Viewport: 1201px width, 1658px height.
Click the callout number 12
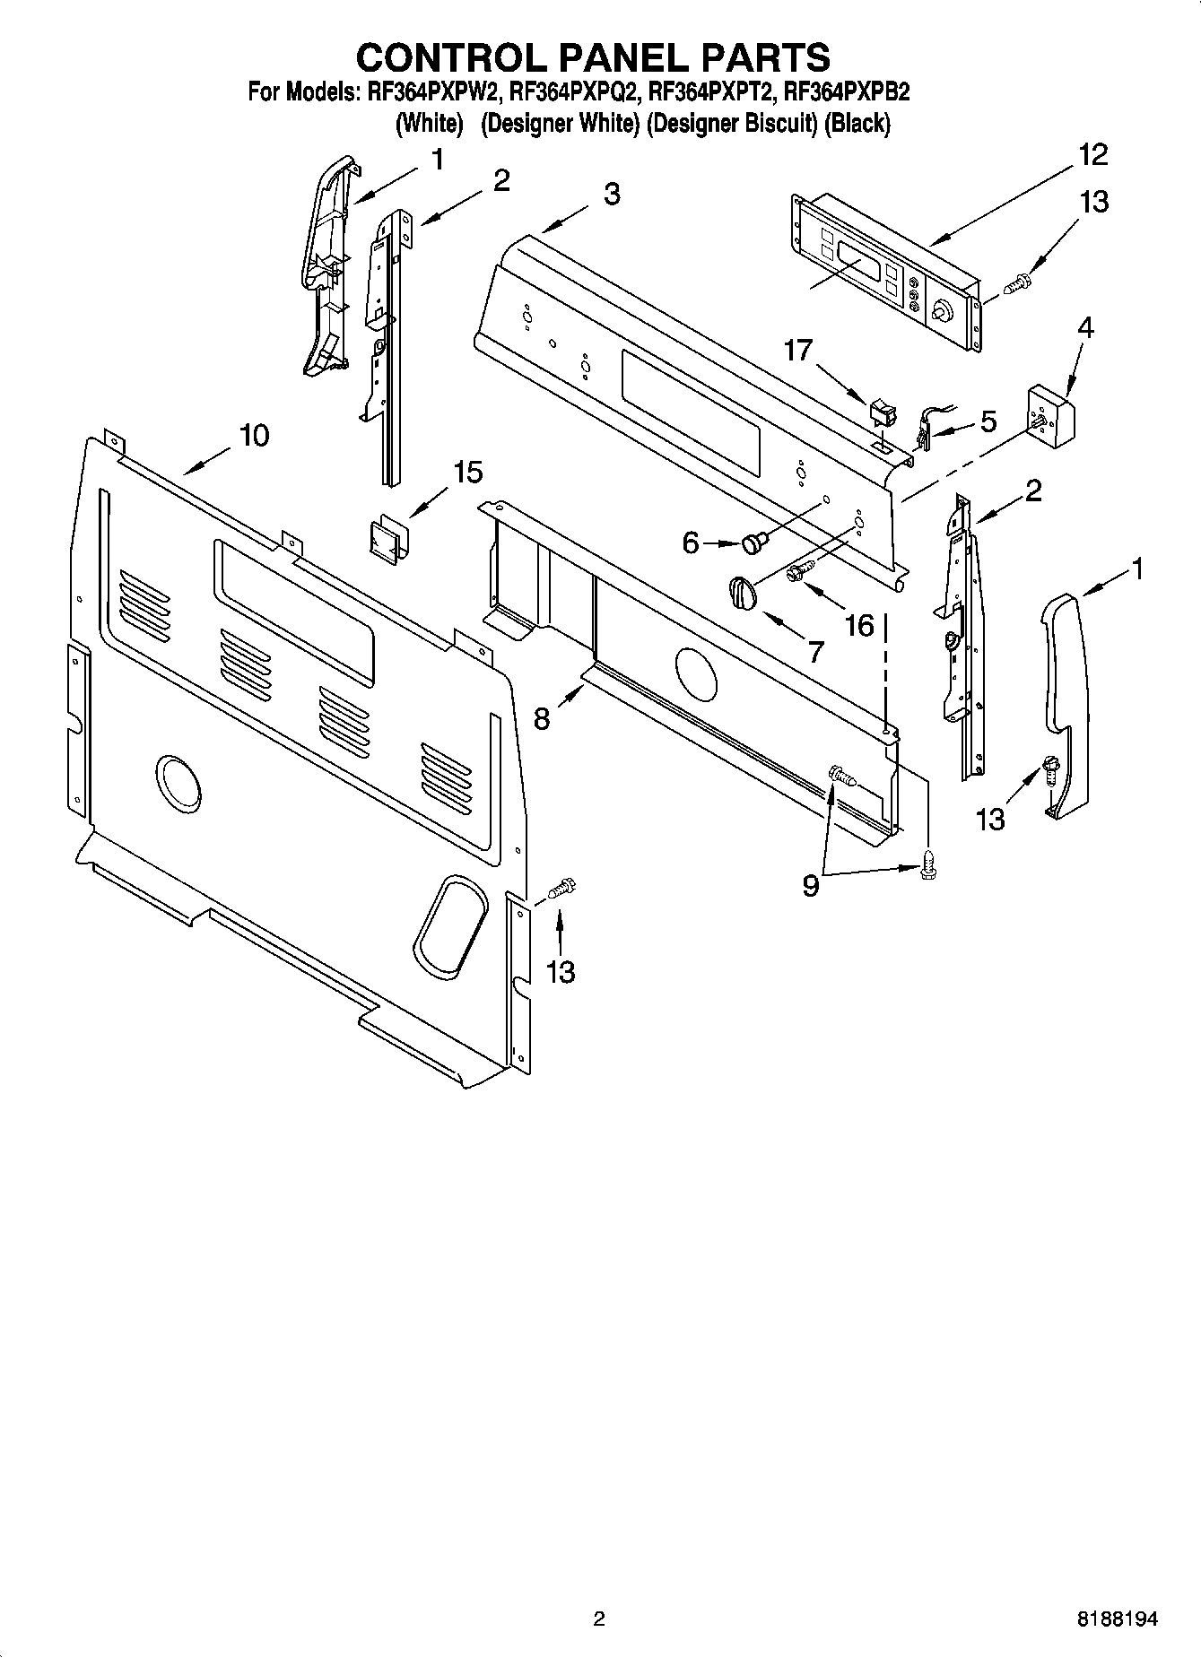1092,154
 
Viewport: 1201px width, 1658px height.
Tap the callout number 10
254,436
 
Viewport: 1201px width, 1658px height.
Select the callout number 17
799,350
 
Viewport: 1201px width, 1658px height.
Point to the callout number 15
467,472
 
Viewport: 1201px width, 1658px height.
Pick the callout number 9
811,886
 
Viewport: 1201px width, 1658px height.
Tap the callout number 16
859,625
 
